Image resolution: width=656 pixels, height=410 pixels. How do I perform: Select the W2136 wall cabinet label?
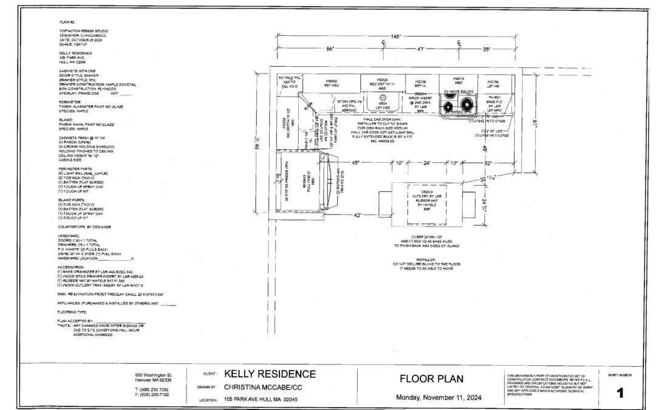[x=420, y=81]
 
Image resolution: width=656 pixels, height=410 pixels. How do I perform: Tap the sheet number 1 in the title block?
[x=620, y=393]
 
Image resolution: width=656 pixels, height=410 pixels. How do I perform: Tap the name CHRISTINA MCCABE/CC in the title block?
[x=271, y=386]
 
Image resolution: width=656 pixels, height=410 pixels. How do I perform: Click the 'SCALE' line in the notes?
[x=73, y=44]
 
